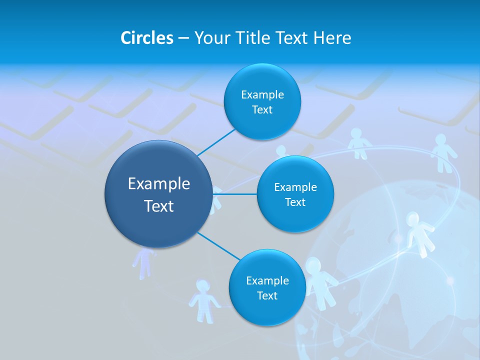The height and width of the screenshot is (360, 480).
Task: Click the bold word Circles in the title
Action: [x=146, y=38]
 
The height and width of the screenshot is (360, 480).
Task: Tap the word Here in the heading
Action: [x=332, y=38]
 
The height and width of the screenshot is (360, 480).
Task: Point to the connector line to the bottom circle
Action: [x=218, y=246]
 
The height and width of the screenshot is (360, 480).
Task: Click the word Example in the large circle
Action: [x=159, y=184]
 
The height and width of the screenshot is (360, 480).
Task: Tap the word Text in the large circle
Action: [x=159, y=206]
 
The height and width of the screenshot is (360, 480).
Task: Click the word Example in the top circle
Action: [x=262, y=94]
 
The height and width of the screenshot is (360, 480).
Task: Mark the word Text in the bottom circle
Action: [x=267, y=295]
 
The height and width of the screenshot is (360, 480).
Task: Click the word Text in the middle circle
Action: [x=295, y=202]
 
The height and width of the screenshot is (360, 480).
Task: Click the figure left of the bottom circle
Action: [x=202, y=300]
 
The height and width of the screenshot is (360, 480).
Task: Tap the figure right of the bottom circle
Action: [x=320, y=282]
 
